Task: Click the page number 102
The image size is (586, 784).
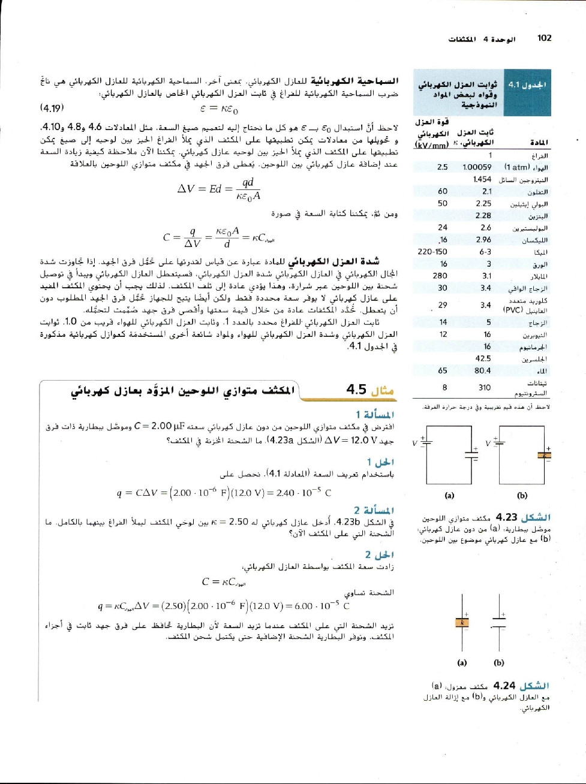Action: [x=544, y=38]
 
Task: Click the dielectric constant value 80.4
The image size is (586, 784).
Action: [x=482, y=370]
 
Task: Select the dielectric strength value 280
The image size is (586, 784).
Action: [x=440, y=276]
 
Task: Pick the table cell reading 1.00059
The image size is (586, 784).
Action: [x=477, y=167]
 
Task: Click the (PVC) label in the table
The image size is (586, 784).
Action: [x=513, y=310]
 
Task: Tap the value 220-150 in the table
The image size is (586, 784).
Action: [x=432, y=252]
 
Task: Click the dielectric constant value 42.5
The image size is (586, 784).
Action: [x=483, y=358]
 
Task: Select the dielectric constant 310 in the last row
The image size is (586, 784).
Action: [x=485, y=387]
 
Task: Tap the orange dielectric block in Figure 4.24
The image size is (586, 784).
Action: [x=462, y=623]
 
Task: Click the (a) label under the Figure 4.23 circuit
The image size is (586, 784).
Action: [x=449, y=495]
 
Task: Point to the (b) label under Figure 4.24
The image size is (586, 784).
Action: [x=499, y=662]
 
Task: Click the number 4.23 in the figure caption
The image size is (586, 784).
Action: [x=507, y=517]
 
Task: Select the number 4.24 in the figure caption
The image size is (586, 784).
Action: [x=504, y=686]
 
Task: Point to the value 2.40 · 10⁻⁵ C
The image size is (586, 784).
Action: [x=303, y=493]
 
